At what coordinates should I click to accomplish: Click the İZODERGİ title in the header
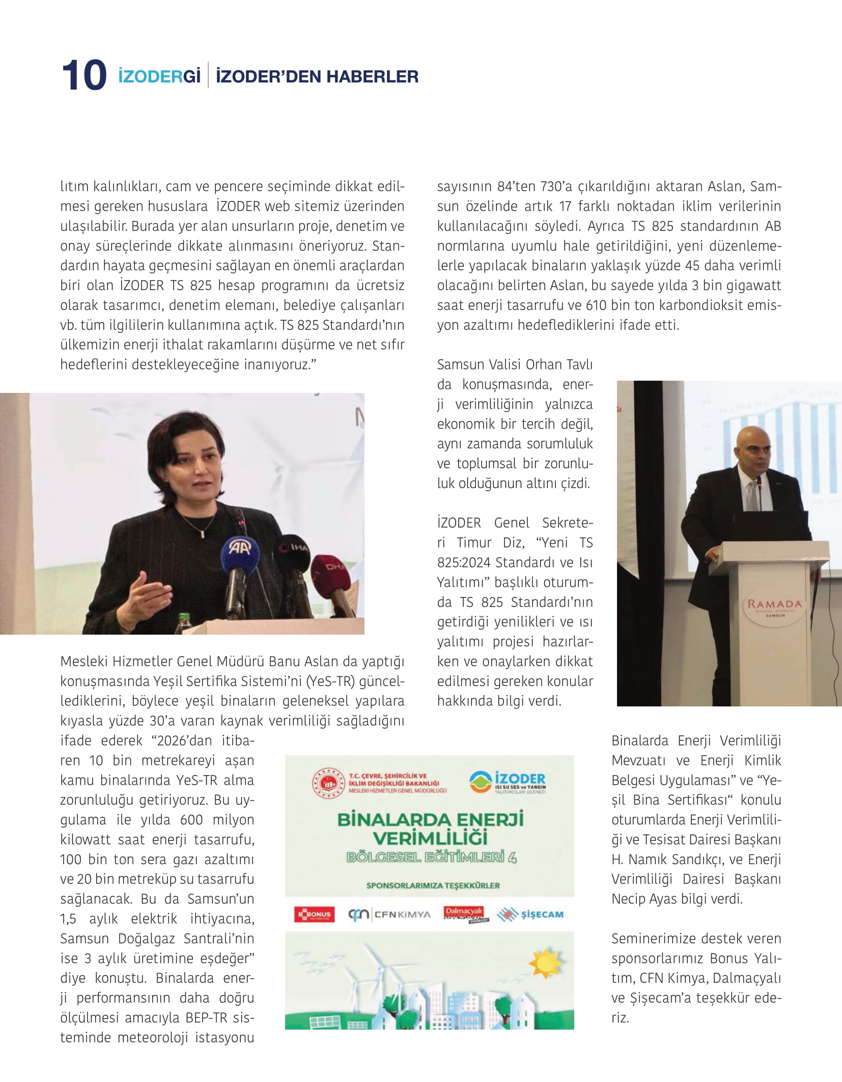pyautogui.click(x=159, y=76)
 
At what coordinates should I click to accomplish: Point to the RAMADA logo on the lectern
pyautogui.click(x=774, y=604)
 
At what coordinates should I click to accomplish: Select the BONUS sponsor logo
pyautogui.click(x=314, y=915)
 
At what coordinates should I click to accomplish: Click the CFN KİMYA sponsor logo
pyautogui.click(x=389, y=915)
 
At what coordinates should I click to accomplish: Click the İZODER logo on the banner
pyautogui.click(x=508, y=783)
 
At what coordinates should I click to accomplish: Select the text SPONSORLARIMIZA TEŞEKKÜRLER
pyautogui.click(x=433, y=886)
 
